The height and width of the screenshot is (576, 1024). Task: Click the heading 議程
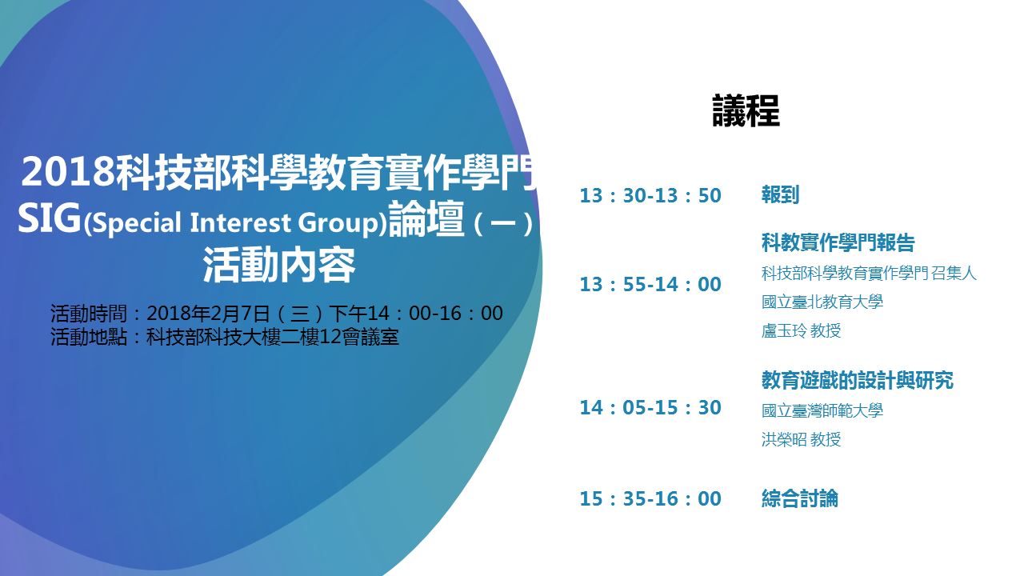[746, 110]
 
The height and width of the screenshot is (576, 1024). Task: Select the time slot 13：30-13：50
[650, 196]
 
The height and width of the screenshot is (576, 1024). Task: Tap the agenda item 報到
[780, 194]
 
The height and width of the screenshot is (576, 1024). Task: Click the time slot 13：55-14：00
[650, 284]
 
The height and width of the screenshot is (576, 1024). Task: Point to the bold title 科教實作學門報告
[838, 242]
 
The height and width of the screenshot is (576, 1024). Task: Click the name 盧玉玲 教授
[801, 330]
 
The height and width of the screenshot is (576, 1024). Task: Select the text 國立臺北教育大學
[822, 302]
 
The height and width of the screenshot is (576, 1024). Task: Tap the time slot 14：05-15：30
[650, 408]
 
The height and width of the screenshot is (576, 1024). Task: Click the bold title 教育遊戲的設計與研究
[857, 380]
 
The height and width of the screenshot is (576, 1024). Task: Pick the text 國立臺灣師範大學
[822, 410]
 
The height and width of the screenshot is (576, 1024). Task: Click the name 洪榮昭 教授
[801, 439]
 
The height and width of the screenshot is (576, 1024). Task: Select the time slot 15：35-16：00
[650, 498]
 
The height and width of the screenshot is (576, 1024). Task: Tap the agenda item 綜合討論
[799, 498]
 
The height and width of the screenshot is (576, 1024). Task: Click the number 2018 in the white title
[68, 172]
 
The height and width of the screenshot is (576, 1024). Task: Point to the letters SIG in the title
[50, 218]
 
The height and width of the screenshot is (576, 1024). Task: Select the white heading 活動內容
[279, 266]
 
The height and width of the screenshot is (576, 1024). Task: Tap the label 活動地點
[89, 338]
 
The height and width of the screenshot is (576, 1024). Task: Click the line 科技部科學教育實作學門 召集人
[869, 274]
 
